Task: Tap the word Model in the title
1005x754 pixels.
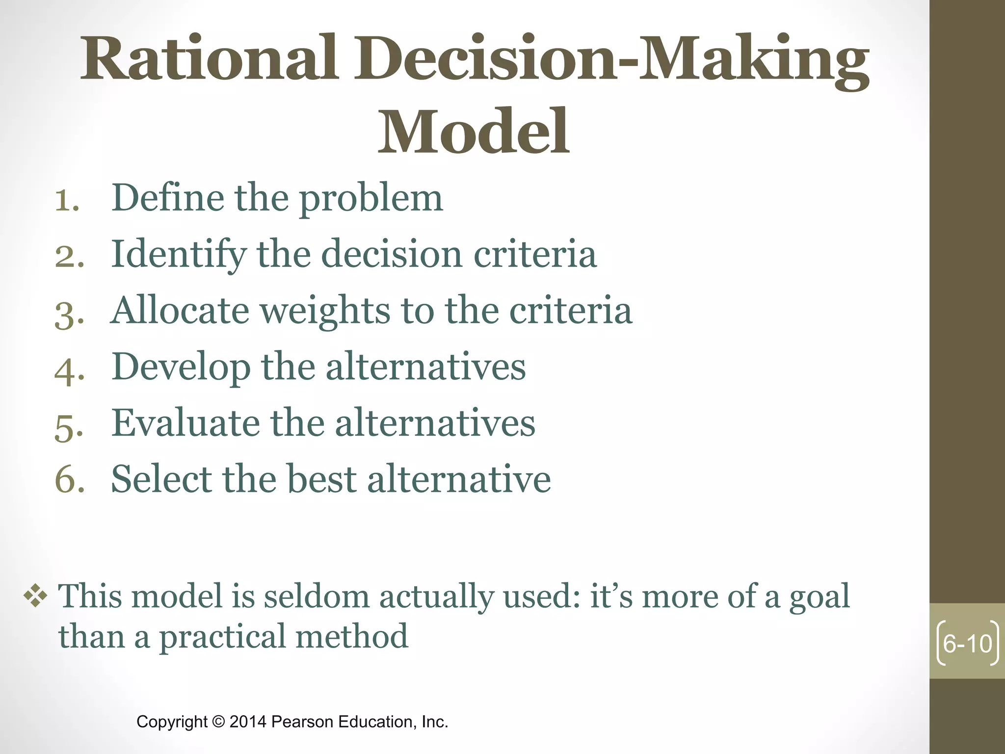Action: pyautogui.click(x=473, y=132)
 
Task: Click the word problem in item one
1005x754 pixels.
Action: pyautogui.click(x=371, y=199)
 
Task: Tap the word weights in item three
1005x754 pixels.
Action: pyautogui.click(x=324, y=312)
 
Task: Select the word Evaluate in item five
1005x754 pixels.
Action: pyautogui.click(x=185, y=423)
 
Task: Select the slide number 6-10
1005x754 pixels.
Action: pyautogui.click(x=967, y=644)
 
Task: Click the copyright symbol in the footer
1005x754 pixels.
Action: pyautogui.click(x=218, y=722)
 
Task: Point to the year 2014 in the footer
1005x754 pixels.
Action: pyautogui.click(x=248, y=722)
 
